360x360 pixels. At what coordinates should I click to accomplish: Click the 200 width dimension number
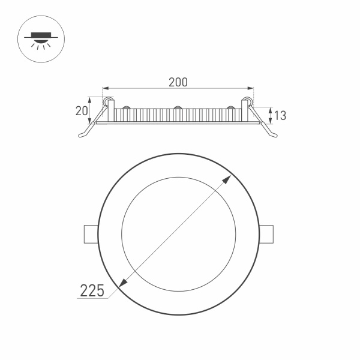pyautogui.click(x=178, y=83)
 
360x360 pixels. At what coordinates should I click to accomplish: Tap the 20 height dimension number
pyautogui.click(x=82, y=110)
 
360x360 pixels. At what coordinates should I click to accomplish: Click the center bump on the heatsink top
pyautogui.click(x=178, y=108)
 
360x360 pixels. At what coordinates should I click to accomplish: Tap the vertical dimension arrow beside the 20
pyautogui.click(x=91, y=110)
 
